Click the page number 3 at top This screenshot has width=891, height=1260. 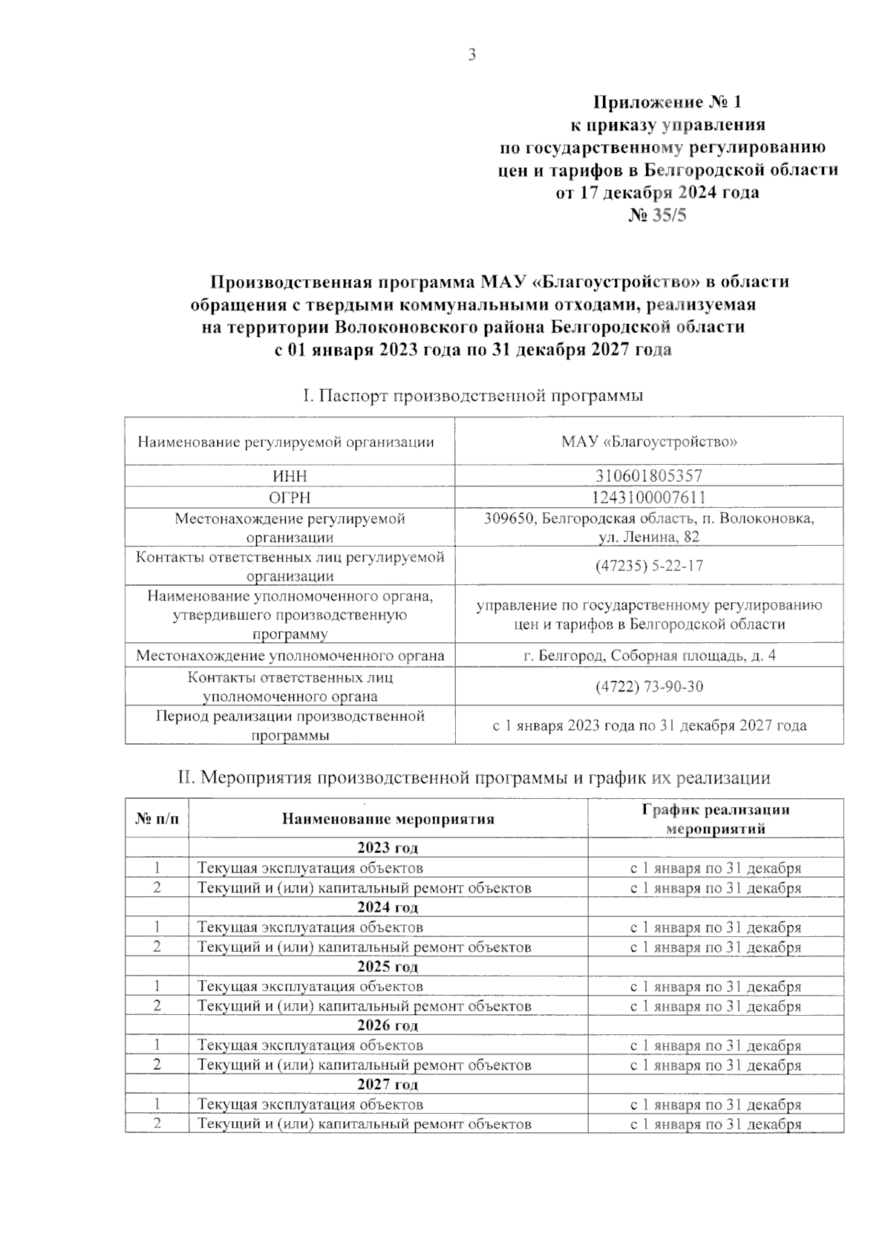(471, 55)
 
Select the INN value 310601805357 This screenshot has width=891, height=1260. (648, 476)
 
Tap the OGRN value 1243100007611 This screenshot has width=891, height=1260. (648, 497)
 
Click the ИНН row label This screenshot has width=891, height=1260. (290, 476)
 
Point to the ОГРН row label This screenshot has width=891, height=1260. (290, 497)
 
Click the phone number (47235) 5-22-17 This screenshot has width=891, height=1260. (648, 566)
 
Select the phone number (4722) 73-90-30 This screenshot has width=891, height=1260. (648, 687)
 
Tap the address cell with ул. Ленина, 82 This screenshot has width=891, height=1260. (648, 527)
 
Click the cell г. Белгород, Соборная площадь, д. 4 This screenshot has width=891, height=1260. (648, 656)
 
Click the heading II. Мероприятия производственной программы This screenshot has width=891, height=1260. (473, 778)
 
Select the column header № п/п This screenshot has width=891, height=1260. (157, 819)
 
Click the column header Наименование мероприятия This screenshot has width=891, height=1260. (388, 819)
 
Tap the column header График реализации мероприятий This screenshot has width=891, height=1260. (715, 819)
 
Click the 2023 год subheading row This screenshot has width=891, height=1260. (388, 848)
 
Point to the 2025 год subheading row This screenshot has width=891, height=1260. (388, 967)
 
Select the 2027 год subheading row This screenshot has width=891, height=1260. (388, 1085)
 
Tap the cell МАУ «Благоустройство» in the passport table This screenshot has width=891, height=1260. (648, 443)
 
